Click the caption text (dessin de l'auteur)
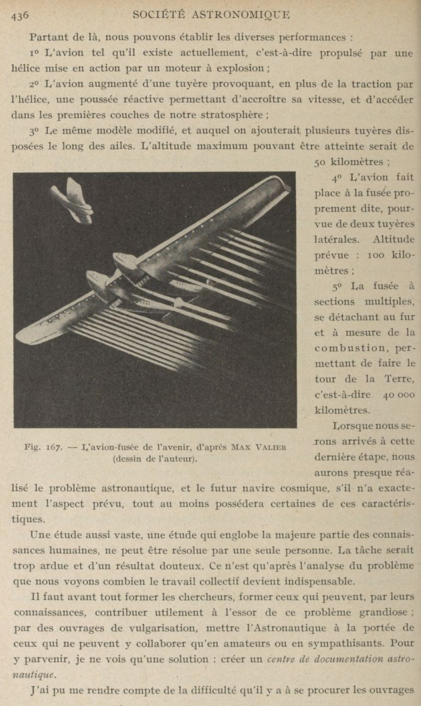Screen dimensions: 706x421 click(x=155, y=459)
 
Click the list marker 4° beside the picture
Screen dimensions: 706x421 click(x=337, y=178)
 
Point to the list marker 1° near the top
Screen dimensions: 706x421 click(x=36, y=53)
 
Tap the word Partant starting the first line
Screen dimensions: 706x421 click(x=48, y=37)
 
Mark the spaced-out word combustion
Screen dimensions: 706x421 click(x=350, y=348)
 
